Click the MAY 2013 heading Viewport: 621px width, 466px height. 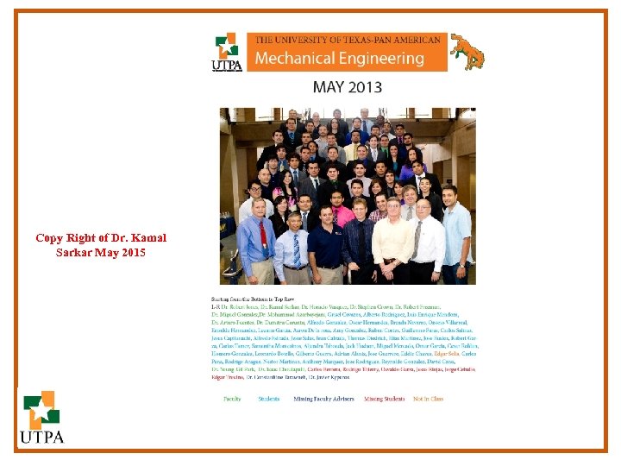coord(347,87)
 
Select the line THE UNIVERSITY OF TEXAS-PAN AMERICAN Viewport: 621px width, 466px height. coord(347,40)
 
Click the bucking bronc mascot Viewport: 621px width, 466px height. coord(467,51)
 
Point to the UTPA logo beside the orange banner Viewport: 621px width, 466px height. coord(226,52)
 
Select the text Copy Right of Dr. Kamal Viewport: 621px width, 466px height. coord(101,238)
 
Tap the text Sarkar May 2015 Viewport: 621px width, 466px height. coord(101,253)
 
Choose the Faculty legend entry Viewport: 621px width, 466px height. coord(232,400)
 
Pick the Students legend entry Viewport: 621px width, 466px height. coord(268,400)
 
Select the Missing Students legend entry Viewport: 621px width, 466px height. coord(384,400)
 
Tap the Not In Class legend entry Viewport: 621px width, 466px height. coord(428,400)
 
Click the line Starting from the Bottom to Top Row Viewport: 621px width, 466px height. coord(249,299)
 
